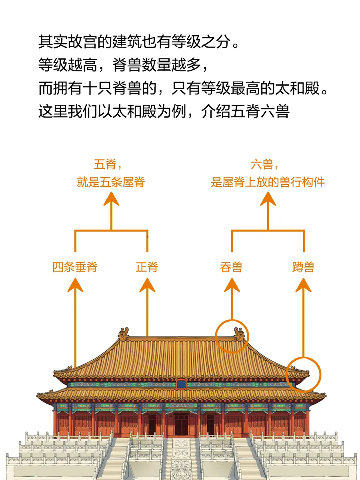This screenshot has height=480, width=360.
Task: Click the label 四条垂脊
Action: click(75, 267)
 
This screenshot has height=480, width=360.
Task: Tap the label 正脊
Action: click(147, 267)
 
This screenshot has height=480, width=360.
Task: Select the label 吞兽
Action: click(231, 267)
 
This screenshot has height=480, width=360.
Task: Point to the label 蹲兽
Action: click(303, 267)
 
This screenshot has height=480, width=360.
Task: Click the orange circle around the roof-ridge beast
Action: click(232, 336)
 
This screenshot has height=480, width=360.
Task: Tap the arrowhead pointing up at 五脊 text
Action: click(111, 198)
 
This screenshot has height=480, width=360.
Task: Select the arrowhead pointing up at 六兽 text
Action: click(268, 198)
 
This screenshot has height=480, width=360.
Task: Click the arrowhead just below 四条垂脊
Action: click(75, 284)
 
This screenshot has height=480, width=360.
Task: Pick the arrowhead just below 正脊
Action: click(147, 284)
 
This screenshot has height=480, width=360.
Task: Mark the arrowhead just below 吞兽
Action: click(232, 284)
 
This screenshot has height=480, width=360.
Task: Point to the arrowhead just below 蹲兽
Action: click(303, 284)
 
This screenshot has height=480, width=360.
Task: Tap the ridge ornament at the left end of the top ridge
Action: click(124, 334)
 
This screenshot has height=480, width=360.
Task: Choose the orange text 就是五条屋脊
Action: click(111, 182)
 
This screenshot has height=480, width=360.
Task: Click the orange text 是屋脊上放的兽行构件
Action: click(268, 182)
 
